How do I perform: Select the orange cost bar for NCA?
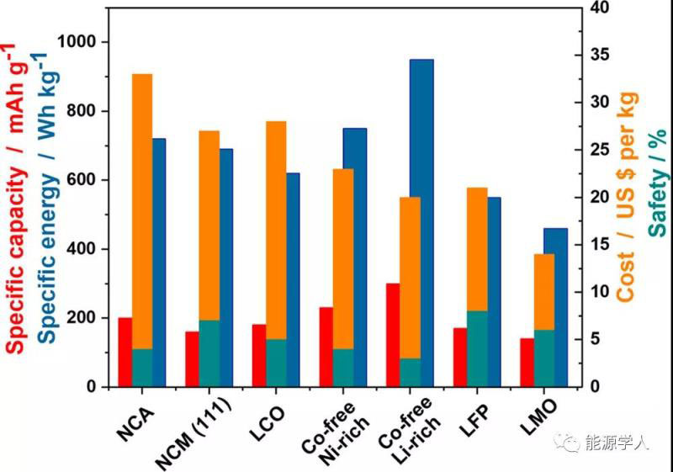click(142, 210)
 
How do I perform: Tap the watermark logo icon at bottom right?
click(575, 443)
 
